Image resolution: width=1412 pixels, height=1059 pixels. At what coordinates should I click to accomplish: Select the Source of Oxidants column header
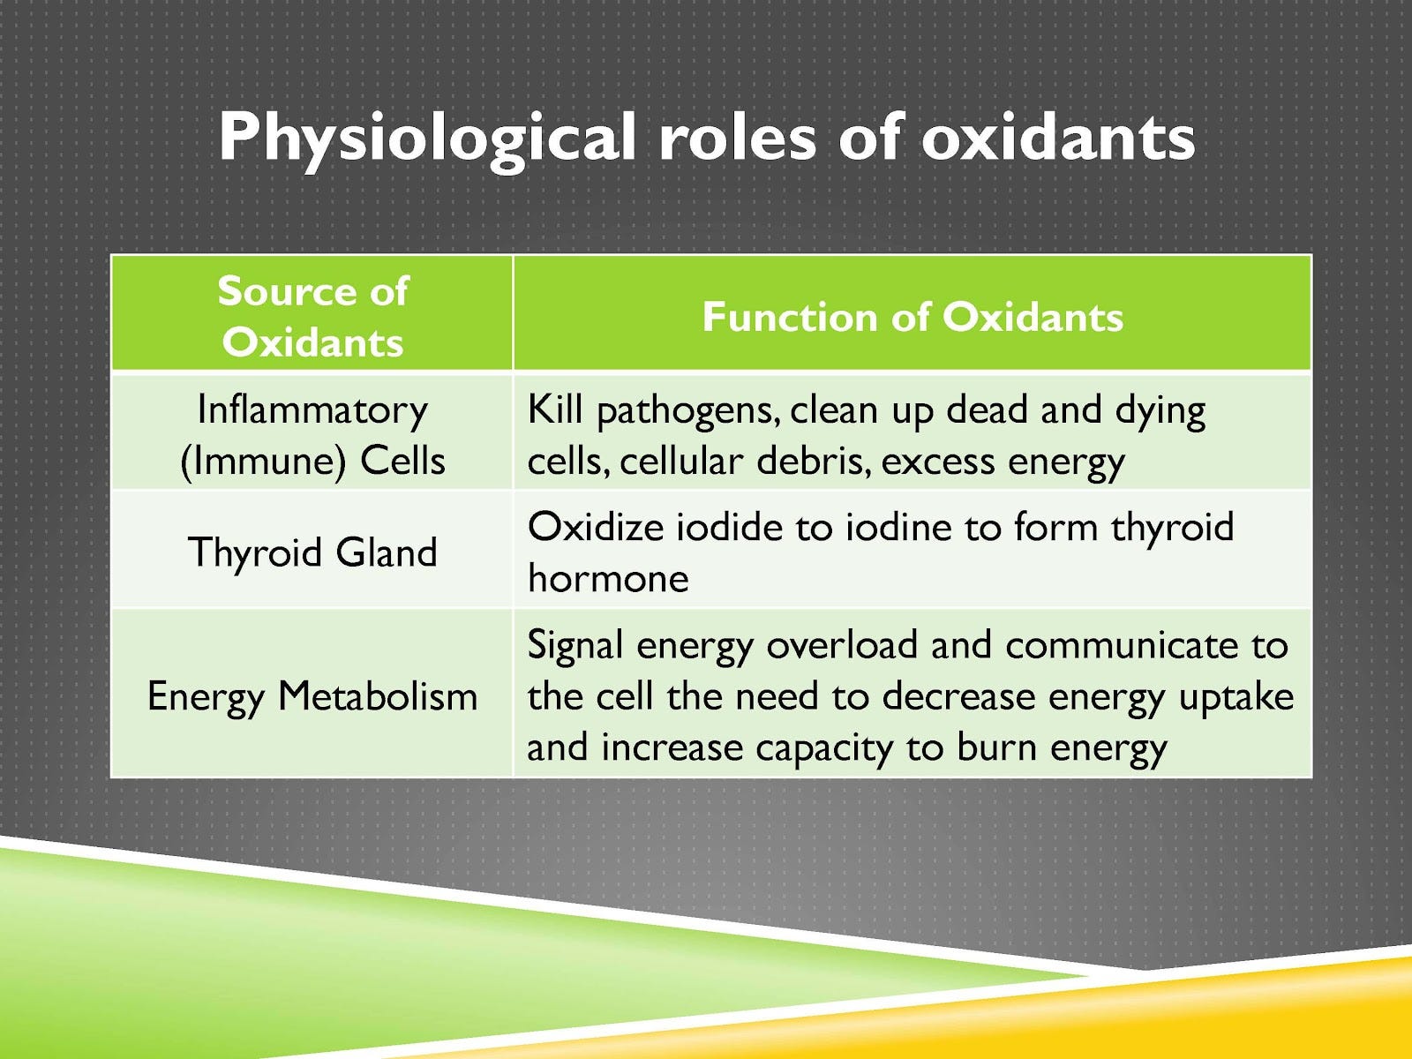312,316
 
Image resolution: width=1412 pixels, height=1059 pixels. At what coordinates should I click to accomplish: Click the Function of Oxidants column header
913,317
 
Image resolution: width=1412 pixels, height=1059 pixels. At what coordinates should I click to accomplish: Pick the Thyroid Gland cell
312,552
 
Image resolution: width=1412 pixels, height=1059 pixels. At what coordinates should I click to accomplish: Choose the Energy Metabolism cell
312,696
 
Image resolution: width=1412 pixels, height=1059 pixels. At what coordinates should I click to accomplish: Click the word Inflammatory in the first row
312,410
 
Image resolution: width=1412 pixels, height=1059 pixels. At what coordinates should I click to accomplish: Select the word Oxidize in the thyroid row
596,528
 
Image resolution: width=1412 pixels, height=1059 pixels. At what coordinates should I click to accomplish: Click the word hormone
608,579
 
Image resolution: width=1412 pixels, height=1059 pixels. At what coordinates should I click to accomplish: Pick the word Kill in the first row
555,410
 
